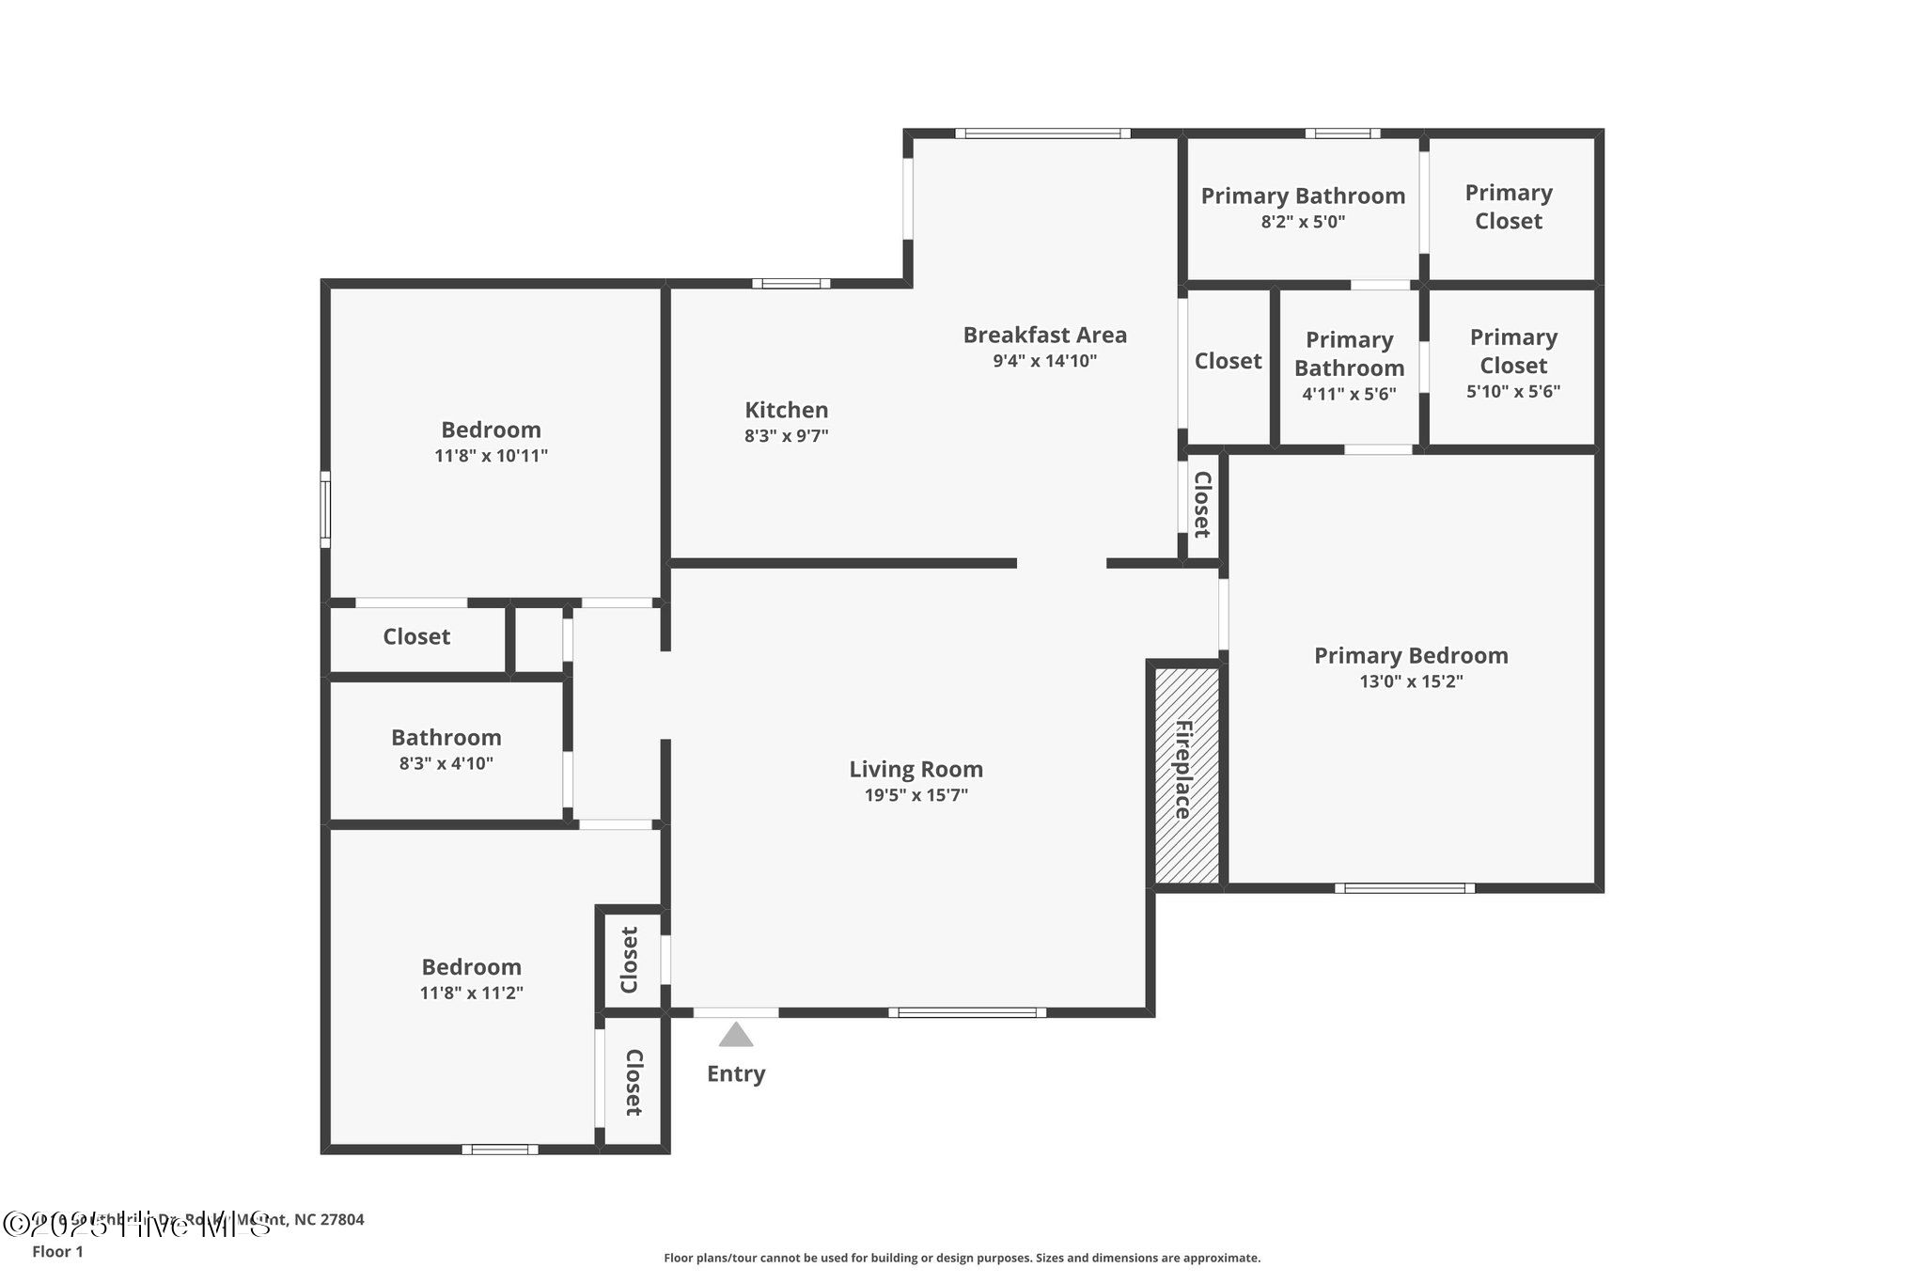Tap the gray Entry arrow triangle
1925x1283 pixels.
(x=736, y=1036)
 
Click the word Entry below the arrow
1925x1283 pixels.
(x=736, y=1073)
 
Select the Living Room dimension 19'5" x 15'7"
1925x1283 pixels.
(x=916, y=795)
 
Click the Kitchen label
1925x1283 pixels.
(x=787, y=410)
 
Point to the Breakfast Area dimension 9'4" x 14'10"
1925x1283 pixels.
(x=1045, y=361)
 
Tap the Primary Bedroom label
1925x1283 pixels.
(x=1411, y=655)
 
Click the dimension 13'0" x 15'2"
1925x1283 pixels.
(x=1411, y=681)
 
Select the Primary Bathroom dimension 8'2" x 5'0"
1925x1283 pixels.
(x=1303, y=223)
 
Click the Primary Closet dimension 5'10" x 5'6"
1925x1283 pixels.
(x=1513, y=392)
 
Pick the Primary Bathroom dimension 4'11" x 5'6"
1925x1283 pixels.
(x=1349, y=395)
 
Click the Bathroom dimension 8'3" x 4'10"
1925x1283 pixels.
(x=446, y=763)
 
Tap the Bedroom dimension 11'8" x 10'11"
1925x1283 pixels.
(x=491, y=456)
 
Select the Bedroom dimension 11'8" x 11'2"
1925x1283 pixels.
(x=471, y=994)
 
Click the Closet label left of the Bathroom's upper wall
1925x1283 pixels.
(x=416, y=637)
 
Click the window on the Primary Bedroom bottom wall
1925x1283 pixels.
(x=1404, y=887)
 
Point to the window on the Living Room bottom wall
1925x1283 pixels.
(x=967, y=1012)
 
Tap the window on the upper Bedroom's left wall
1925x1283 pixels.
(x=325, y=509)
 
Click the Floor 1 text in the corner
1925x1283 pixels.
(x=57, y=1252)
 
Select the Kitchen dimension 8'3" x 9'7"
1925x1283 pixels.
(x=787, y=436)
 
